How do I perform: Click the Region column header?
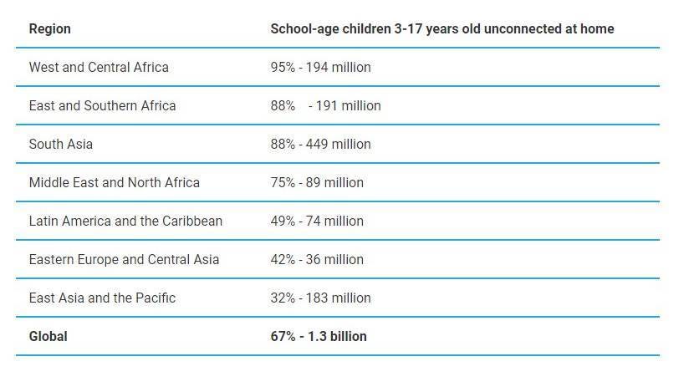click(x=49, y=29)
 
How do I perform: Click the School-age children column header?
click(x=441, y=29)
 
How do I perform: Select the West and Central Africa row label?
click(x=99, y=68)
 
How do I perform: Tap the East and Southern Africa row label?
click(x=102, y=106)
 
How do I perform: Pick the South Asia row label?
click(x=60, y=145)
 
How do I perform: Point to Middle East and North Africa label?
click(x=114, y=183)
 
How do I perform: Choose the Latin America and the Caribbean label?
click(x=125, y=222)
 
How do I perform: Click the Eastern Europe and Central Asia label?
click(x=124, y=260)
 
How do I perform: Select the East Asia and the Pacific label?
click(x=102, y=298)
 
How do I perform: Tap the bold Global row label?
click(x=48, y=337)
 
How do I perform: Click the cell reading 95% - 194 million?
click(x=320, y=68)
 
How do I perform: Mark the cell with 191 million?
click(x=325, y=106)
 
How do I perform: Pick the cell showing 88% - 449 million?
click(x=320, y=145)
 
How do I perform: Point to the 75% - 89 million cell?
click(x=317, y=183)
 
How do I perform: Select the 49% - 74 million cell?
click(x=317, y=222)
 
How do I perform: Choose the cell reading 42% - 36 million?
click(x=317, y=260)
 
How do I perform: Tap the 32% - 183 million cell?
click(x=320, y=298)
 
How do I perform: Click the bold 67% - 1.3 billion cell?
click(x=319, y=337)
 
